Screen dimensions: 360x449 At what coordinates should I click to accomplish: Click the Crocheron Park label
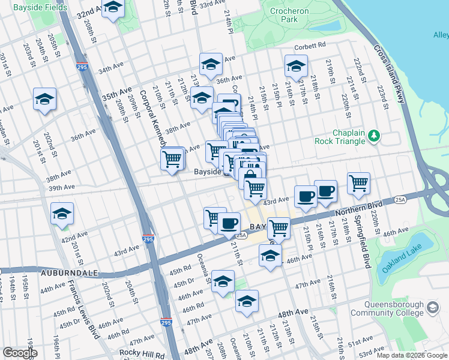(x=289, y=15)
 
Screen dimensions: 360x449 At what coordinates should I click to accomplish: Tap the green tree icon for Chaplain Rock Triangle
(x=374, y=136)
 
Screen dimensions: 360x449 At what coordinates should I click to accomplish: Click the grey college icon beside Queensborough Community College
(x=432, y=308)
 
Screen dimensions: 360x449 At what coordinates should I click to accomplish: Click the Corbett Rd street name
(x=309, y=45)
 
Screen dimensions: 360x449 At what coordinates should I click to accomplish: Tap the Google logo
(x=20, y=352)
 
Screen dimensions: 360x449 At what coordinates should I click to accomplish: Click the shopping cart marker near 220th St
(x=358, y=183)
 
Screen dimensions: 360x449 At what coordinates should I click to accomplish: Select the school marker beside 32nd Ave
(x=113, y=8)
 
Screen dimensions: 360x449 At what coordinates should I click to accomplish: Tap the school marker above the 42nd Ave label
(x=62, y=213)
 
